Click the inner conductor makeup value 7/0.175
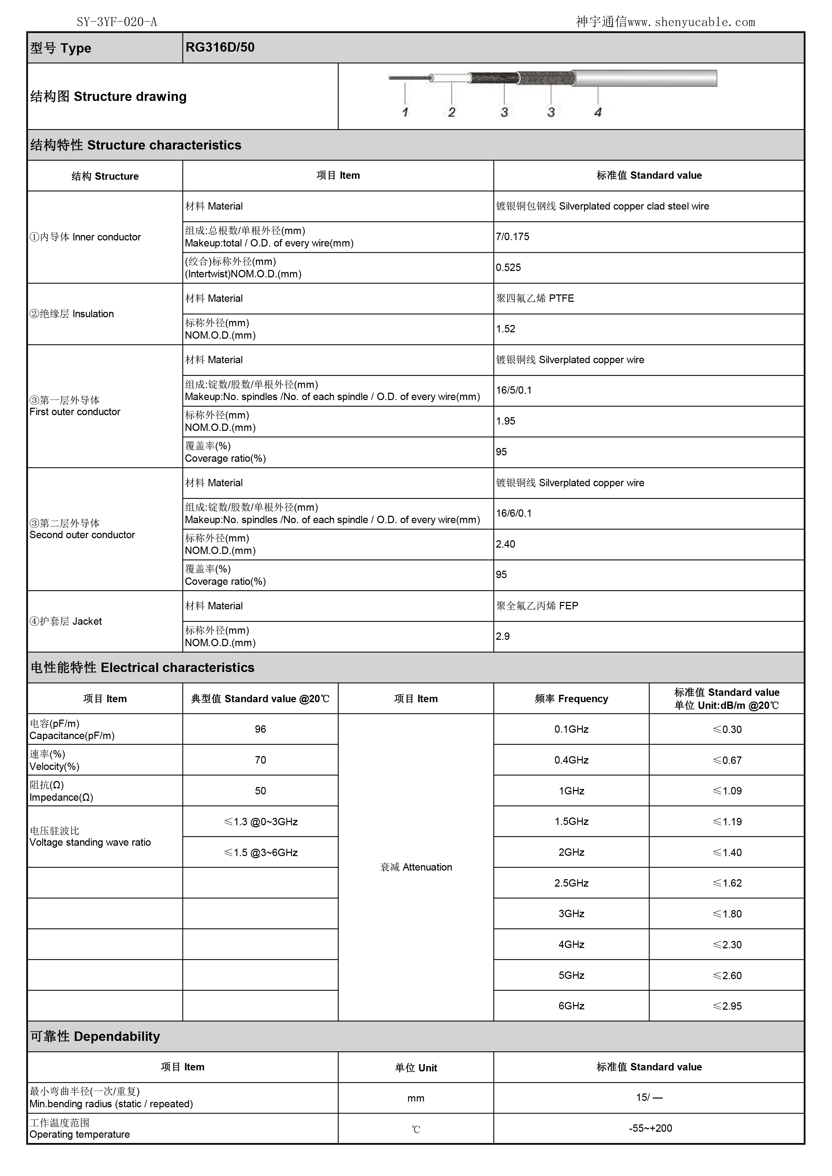(x=512, y=237)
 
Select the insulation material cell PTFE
(x=535, y=298)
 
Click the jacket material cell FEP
(x=537, y=606)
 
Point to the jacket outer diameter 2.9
(x=503, y=636)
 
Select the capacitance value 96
(x=260, y=729)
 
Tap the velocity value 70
(x=260, y=760)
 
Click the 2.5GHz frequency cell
(x=571, y=883)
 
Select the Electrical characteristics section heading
(x=143, y=667)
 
